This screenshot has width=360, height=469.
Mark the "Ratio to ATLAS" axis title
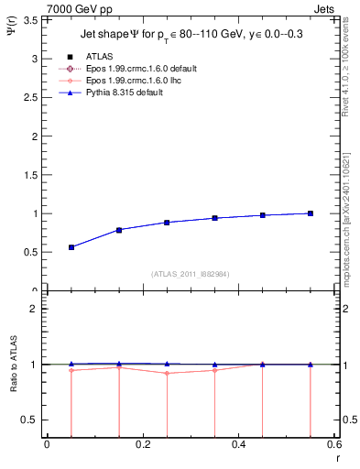[13, 365]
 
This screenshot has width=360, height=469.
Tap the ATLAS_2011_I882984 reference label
[190, 274]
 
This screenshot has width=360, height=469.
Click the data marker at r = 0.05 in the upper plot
[71, 247]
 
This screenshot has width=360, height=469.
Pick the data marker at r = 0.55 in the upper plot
[311, 213]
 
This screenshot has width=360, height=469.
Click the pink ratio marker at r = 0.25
[167, 373]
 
